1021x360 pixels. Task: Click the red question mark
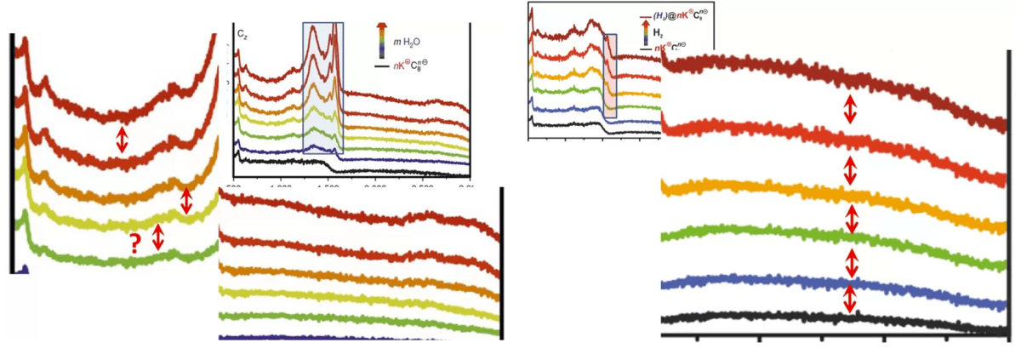[x=134, y=243]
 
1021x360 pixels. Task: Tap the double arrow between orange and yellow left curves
[x=186, y=200]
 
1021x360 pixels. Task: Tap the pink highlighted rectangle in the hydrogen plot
[x=609, y=77]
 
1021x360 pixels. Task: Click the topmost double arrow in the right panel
[x=849, y=110]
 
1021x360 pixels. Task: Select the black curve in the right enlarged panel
[x=766, y=316]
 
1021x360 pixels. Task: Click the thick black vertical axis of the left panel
[x=12, y=153]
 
